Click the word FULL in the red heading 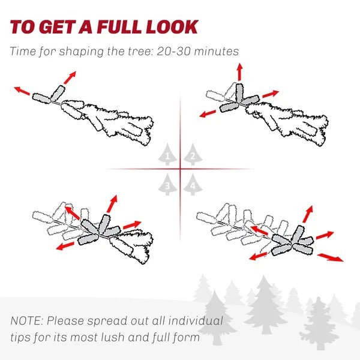click(119, 27)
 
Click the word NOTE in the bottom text click(26, 320)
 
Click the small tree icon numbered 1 click(167, 155)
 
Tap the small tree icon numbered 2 click(193, 155)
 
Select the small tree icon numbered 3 click(167, 184)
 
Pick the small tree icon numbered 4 click(193, 184)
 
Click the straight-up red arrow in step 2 click(240, 72)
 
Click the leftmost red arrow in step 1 click(22, 91)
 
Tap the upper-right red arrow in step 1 click(70, 77)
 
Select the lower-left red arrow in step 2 click(208, 113)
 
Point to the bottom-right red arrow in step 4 click(331, 257)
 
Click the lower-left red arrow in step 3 click(65, 246)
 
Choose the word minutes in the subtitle click(216, 51)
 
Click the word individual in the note click(196, 320)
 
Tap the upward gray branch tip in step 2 click(239, 93)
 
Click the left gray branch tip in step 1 click(41, 98)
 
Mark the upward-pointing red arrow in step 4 click(308, 214)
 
